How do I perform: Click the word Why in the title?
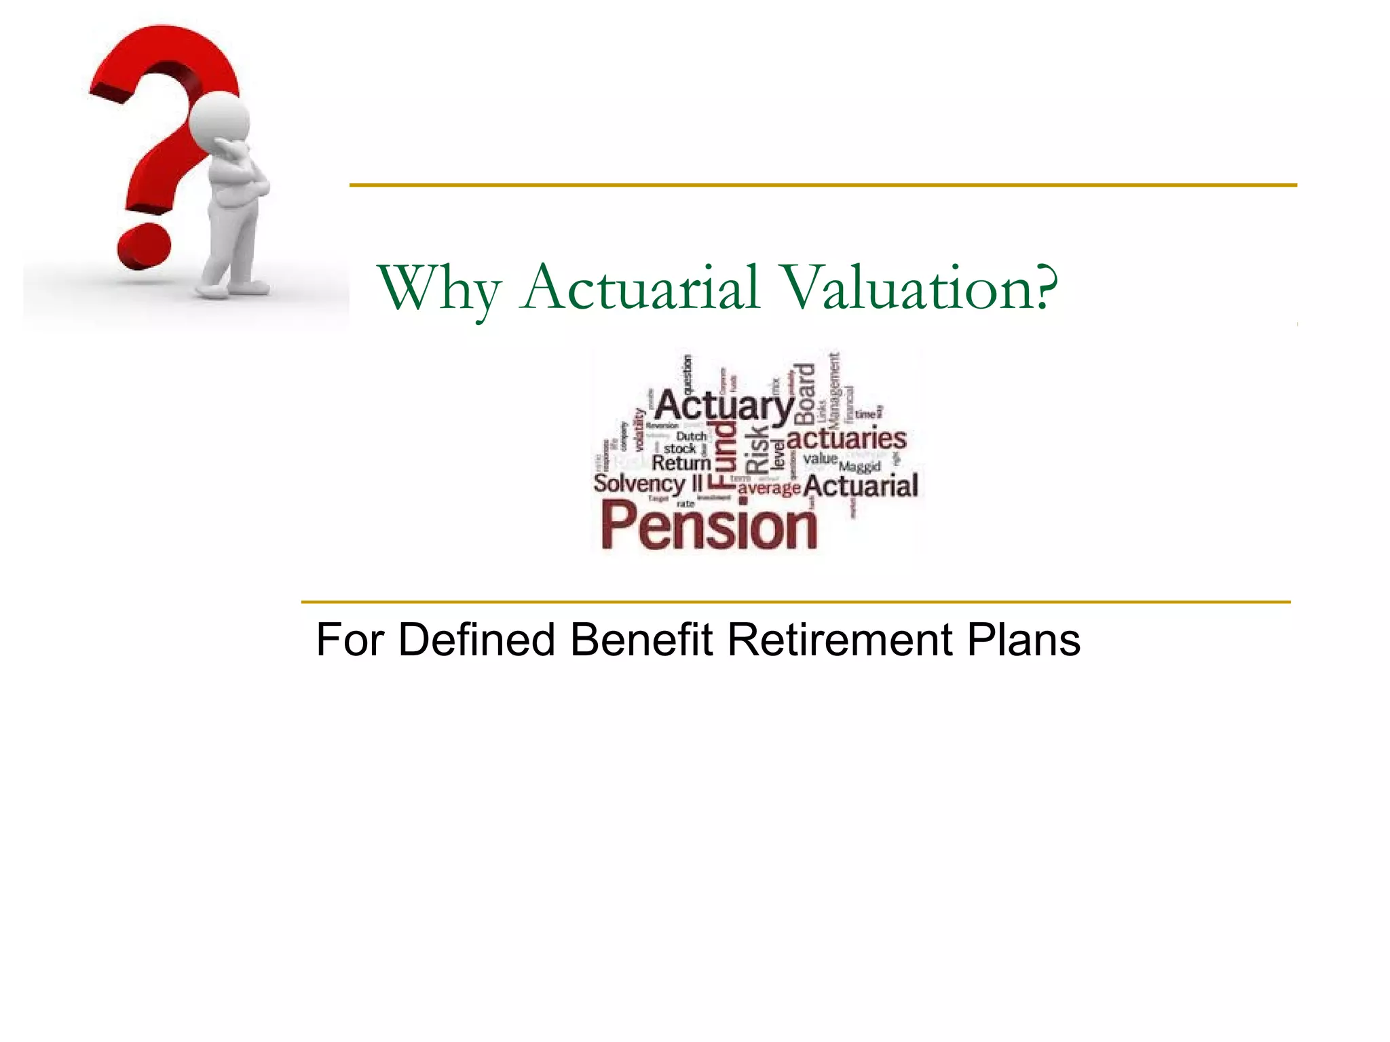click(439, 288)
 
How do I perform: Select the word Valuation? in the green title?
click(920, 287)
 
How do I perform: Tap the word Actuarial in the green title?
click(639, 287)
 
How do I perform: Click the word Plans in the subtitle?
click(1023, 640)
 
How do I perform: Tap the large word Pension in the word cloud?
click(709, 526)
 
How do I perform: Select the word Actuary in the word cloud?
click(724, 406)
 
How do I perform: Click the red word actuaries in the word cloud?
click(846, 438)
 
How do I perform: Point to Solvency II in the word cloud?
click(647, 484)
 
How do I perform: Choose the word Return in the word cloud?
click(681, 463)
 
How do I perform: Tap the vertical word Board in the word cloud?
click(805, 393)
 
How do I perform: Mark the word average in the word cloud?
click(769, 488)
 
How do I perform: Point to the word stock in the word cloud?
click(679, 449)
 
